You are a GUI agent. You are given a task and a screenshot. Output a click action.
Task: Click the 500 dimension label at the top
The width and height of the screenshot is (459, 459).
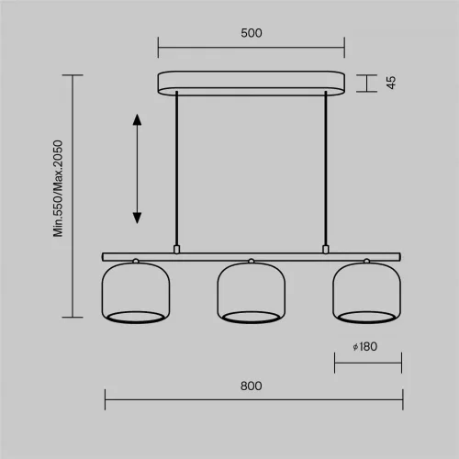coord(252,33)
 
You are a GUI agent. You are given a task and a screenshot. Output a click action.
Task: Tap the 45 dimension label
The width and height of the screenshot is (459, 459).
coord(391,83)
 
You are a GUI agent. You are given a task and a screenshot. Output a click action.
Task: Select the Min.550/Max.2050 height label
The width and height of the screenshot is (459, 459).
coord(58,188)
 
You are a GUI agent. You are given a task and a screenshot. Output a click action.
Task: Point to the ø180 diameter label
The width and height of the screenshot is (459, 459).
coord(365,347)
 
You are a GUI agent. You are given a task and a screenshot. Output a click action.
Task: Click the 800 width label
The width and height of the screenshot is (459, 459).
coord(252,386)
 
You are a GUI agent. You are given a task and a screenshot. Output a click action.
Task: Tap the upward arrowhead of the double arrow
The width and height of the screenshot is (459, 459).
coord(137,119)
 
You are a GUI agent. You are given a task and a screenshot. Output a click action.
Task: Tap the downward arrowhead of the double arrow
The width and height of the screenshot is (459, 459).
coord(137,218)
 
